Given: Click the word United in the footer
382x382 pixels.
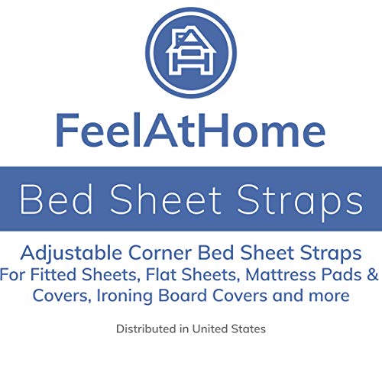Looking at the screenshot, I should pyautogui.click(x=209, y=329).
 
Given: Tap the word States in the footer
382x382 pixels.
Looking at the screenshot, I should pyautogui.click(x=249, y=329).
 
